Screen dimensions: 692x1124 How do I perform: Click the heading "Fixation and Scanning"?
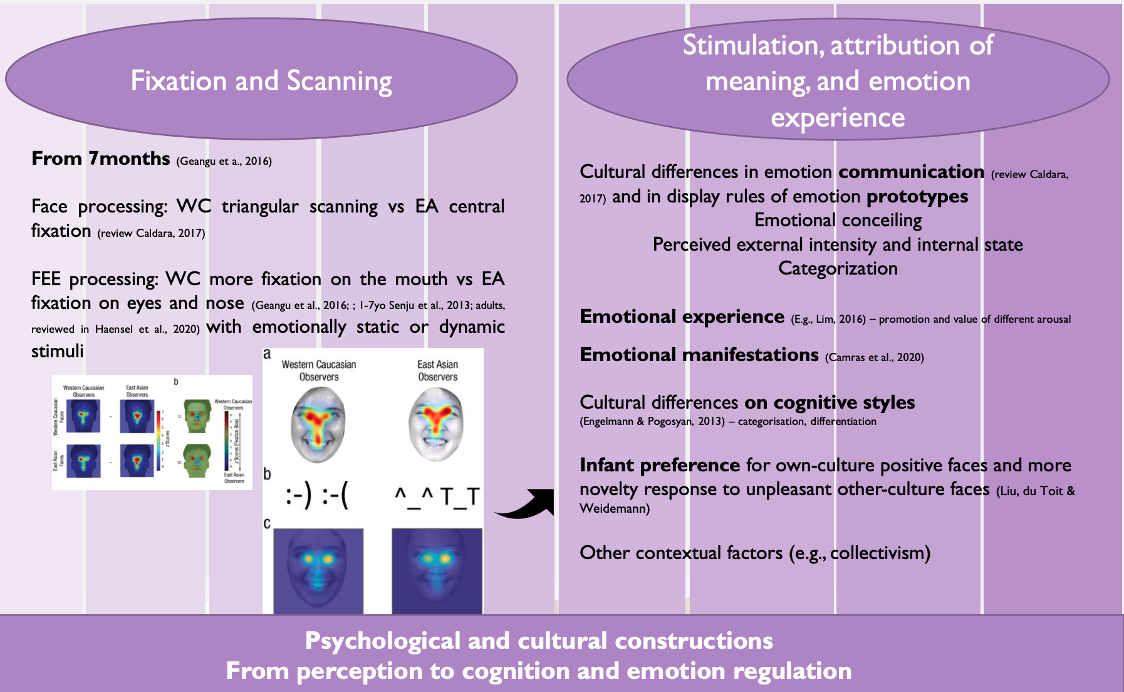[261, 81]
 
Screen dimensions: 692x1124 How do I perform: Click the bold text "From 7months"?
[101, 159]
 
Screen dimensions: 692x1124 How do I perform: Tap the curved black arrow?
[526, 505]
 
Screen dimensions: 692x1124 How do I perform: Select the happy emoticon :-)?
[298, 497]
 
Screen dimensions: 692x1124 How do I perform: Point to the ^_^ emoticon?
[414, 497]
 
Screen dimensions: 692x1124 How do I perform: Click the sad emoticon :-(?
[335, 497]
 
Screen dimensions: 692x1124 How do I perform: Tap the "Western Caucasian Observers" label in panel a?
[318, 370]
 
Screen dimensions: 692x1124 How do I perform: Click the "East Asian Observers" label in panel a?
[437, 370]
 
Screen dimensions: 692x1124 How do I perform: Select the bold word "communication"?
[911, 172]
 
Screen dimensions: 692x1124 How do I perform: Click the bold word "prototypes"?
[917, 197]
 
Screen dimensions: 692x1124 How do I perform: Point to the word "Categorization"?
[838, 268]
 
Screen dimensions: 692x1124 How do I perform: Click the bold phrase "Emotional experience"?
[682, 317]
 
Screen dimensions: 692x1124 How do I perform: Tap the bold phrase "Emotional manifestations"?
[699, 355]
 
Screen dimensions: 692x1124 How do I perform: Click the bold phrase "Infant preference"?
[660, 465]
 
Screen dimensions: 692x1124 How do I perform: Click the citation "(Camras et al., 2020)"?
[874, 357]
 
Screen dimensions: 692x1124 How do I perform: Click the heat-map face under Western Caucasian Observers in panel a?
[318, 424]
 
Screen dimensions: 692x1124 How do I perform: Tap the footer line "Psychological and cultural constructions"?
[539, 641]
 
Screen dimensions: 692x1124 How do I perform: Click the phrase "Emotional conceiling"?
[838, 220]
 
